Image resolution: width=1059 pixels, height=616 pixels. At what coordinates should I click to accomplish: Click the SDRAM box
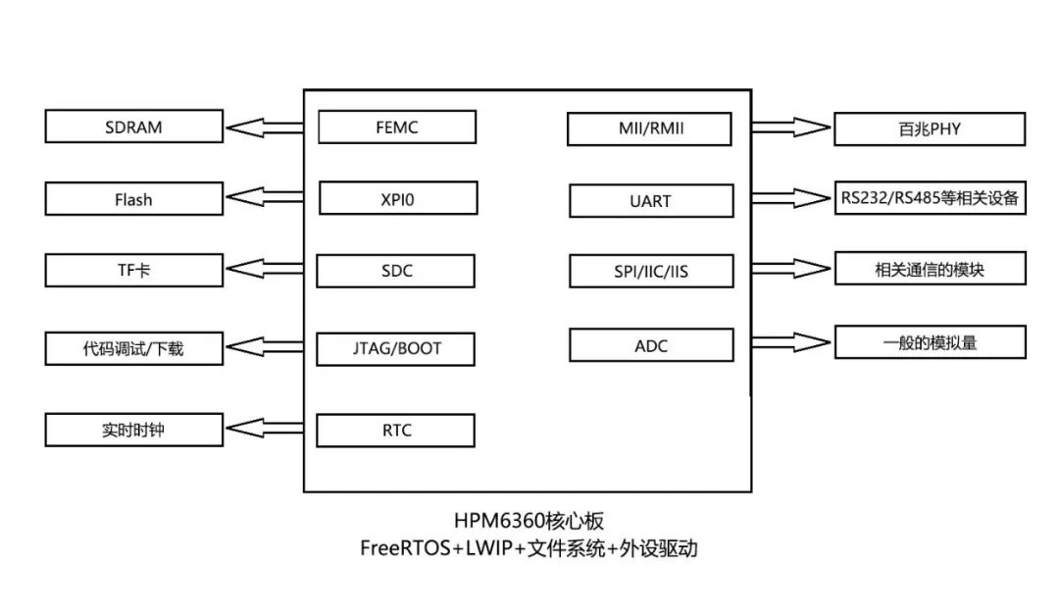click(x=133, y=127)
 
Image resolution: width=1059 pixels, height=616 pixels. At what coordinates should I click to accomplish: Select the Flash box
click(x=133, y=199)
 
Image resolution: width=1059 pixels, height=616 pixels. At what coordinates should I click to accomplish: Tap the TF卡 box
click(x=133, y=270)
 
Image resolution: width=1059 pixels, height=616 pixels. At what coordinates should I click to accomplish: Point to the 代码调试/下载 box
click(x=133, y=348)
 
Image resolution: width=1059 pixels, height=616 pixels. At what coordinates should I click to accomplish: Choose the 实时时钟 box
click(x=133, y=430)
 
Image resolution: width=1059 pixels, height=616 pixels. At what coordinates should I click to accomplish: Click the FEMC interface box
click(x=397, y=128)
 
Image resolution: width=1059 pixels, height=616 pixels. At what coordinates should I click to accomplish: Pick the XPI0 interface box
click(x=397, y=198)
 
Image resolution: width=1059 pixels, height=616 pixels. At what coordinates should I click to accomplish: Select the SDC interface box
click(x=397, y=271)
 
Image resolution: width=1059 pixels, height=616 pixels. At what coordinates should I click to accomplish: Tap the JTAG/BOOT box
click(x=397, y=348)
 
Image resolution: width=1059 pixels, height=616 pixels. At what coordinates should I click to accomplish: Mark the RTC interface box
click(x=397, y=430)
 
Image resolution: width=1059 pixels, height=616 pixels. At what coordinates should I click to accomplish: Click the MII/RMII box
click(x=650, y=129)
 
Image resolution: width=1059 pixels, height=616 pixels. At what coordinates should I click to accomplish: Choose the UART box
click(x=650, y=201)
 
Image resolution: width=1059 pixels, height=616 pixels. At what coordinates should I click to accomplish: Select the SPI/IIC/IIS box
click(x=650, y=271)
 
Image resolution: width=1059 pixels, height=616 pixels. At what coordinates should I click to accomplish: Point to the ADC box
click(x=650, y=344)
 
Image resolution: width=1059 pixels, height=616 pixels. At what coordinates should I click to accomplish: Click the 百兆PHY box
click(x=929, y=128)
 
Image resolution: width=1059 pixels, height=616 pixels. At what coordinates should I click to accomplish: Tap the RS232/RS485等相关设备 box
click(x=929, y=199)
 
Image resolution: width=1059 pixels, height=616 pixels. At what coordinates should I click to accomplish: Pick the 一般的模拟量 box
click(x=929, y=342)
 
